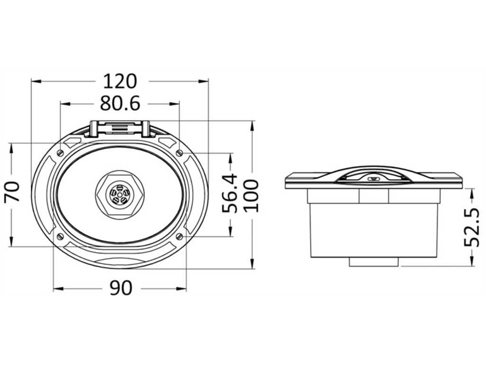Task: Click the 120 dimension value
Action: (120, 81)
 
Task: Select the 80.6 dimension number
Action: (120, 103)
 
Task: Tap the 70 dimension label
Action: (12, 192)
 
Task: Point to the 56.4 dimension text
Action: (230, 193)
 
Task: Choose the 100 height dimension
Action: (251, 195)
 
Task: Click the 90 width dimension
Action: (121, 288)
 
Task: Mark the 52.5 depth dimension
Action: (472, 228)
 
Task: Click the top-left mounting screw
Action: (60, 153)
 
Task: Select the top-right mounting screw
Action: (179, 153)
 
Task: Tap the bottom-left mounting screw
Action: (60, 237)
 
